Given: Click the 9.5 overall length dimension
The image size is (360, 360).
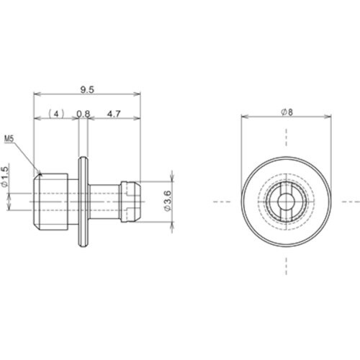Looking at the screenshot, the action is point(87,90).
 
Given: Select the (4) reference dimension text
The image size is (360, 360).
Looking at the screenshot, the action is point(57,114).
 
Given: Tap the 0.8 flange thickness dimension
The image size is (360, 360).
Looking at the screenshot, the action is point(84,114).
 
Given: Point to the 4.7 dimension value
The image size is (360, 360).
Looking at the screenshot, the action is point(114,114).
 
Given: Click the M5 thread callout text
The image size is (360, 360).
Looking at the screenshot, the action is point(9,138).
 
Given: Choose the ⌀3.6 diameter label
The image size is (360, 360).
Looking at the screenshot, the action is point(168,201).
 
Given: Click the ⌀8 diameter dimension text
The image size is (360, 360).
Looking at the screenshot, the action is point(287,112).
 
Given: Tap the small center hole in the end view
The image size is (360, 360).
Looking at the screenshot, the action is point(286,202).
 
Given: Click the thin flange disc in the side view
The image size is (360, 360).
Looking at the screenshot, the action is point(83,202).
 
